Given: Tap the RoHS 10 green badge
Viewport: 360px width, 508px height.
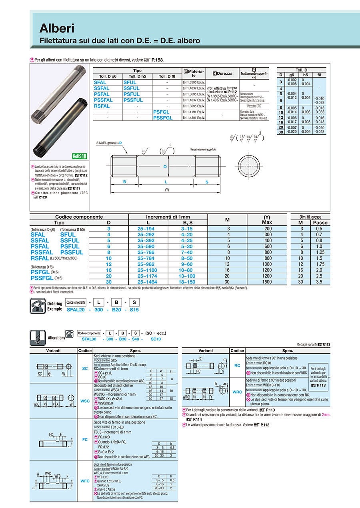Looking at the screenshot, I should coord(79,156).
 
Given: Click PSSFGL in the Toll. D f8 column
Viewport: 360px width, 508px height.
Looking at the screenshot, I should coord(162,118).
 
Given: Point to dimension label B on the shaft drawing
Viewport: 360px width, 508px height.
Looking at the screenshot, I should coord(124,182).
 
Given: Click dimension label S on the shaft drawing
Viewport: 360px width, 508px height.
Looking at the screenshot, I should coord(207,182).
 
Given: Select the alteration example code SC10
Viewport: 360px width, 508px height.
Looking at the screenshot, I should coord(156,339).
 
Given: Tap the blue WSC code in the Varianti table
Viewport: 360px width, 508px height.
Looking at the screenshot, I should coord(85,401).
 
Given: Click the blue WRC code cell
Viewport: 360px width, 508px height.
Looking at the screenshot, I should coord(237,392).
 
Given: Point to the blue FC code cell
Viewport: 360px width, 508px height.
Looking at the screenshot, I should coord(85,440).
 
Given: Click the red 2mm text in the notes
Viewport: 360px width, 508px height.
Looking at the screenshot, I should coord(326,414).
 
